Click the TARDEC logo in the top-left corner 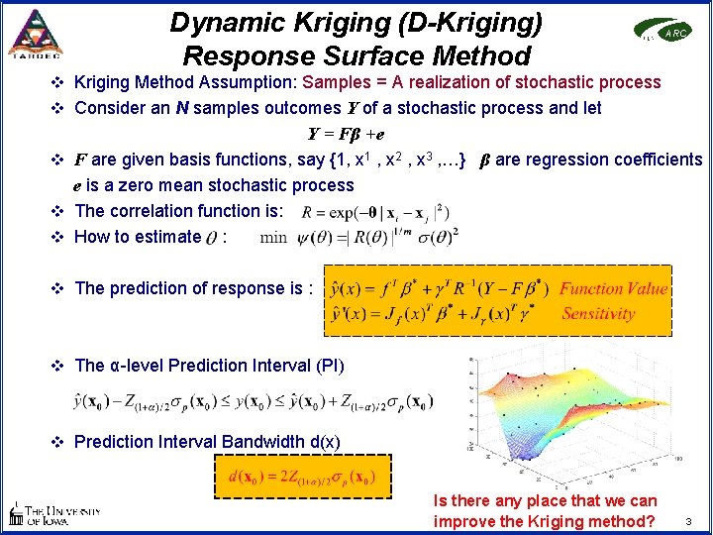pos(34,33)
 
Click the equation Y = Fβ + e pos(346,134)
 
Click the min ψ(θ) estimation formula pos(357,237)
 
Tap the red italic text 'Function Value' pos(613,289)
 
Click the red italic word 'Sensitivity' pos(598,314)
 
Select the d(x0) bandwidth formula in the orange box pos(302,477)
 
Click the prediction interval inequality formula pos(252,401)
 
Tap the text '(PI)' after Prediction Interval pos(327,366)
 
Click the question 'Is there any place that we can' pos(545,501)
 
